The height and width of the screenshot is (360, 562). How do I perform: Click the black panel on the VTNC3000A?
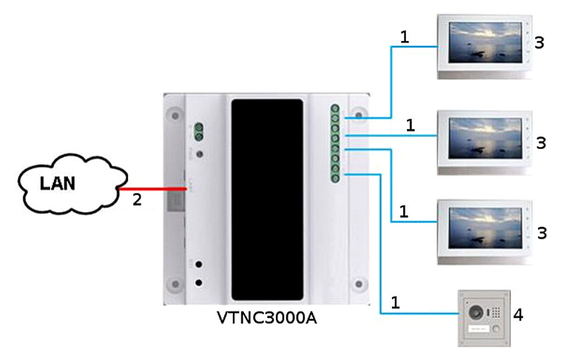(x=267, y=200)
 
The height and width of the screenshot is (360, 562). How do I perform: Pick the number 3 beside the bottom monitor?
(x=540, y=232)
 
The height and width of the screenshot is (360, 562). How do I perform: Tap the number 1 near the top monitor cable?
(x=404, y=36)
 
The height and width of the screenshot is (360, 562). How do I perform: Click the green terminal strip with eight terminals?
(x=335, y=144)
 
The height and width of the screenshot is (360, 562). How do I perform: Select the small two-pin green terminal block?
(x=199, y=132)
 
